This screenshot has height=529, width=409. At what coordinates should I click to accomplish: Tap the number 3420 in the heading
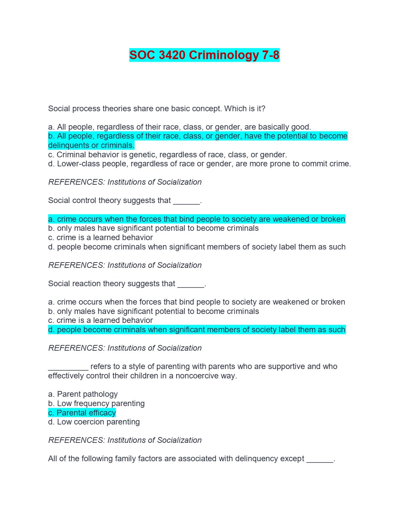tap(172, 55)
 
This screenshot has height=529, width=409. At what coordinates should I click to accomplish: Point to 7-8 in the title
tap(270, 55)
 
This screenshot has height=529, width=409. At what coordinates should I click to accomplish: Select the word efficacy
tap(100, 413)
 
